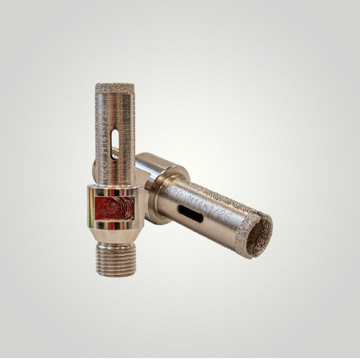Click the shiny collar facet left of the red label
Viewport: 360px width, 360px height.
(92, 208)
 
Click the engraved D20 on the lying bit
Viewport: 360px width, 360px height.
(174, 192)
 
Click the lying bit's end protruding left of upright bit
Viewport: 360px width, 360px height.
(94, 164)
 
